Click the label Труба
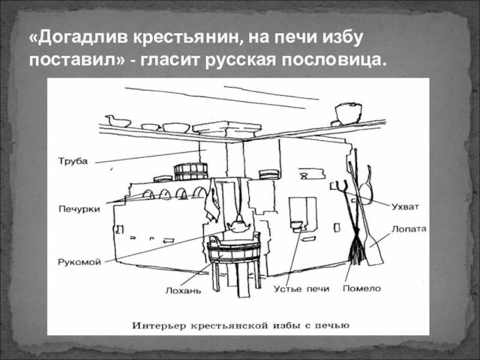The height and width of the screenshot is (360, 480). coord(73,161)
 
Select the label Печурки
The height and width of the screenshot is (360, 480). coord(78,209)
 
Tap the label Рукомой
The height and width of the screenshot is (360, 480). coord(79,262)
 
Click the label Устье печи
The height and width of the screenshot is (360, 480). coord(301,289)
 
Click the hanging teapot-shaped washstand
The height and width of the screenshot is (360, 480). coord(237,226)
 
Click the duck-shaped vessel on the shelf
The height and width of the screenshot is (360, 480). coord(119,122)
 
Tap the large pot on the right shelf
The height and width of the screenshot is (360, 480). coord(347,112)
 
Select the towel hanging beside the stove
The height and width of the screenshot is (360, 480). coord(211,201)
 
